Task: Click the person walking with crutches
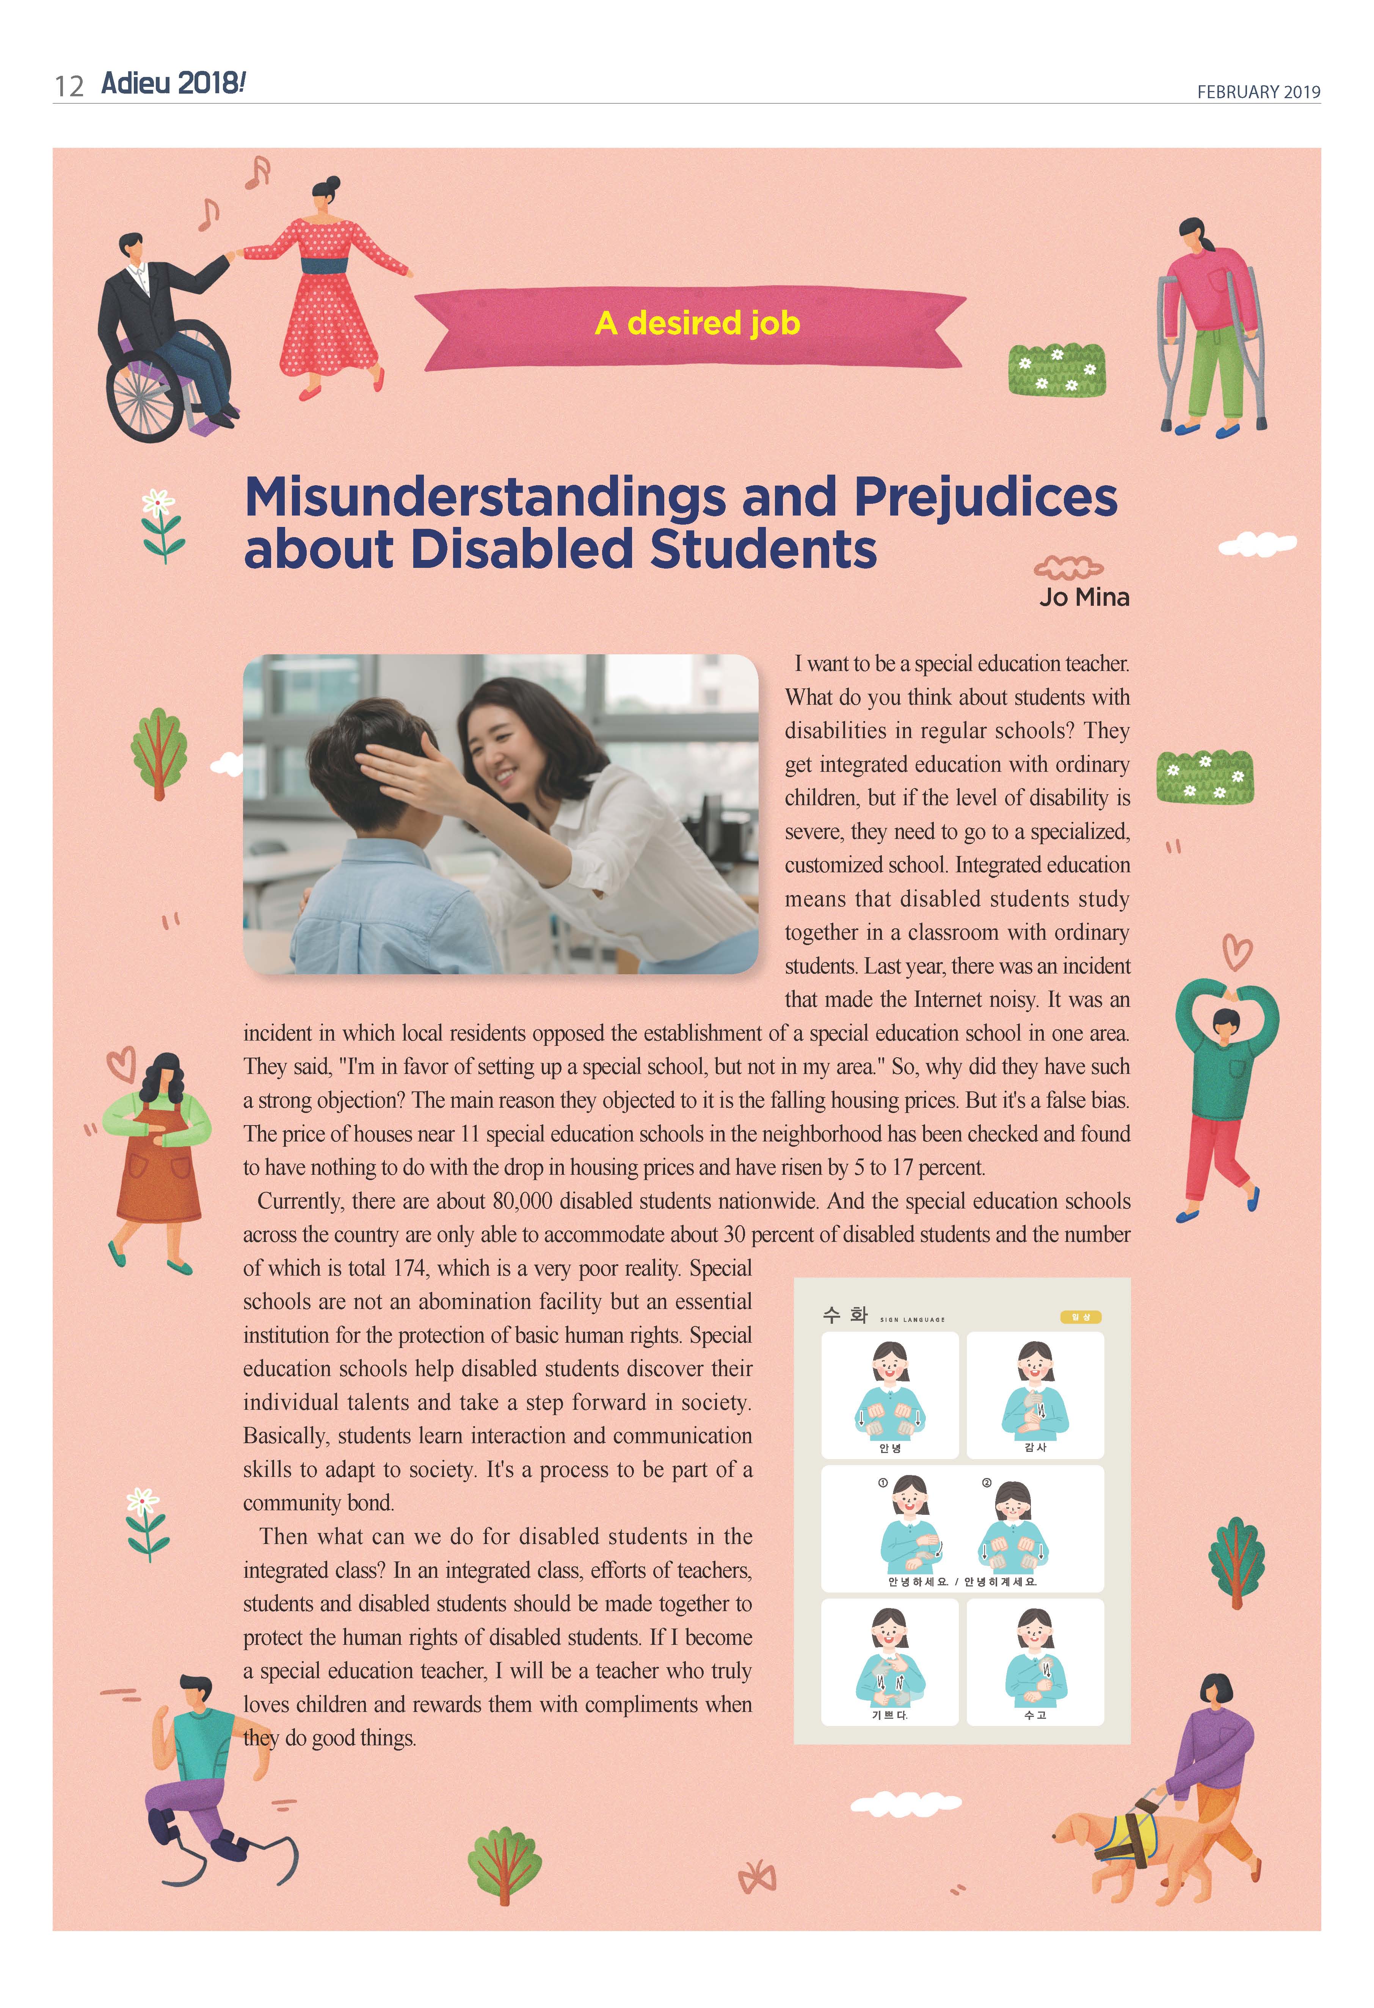point(1210,328)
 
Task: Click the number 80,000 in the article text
point(524,1201)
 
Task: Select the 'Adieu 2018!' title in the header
point(173,84)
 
